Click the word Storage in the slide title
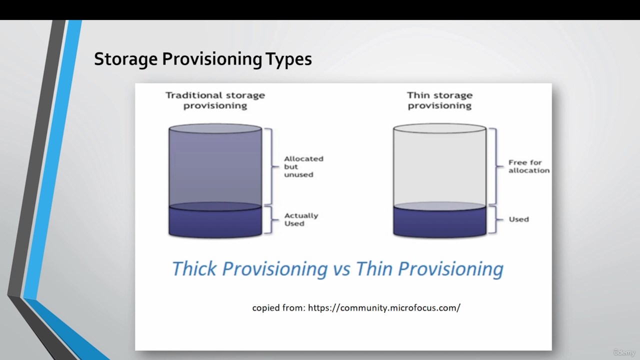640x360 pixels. pyautogui.click(x=125, y=59)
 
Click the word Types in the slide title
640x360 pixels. pyautogui.click(x=288, y=59)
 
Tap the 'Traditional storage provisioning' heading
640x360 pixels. pyautogui.click(x=215, y=100)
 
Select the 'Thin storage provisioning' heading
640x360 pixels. pyautogui.click(x=439, y=100)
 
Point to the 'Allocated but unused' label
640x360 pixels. pyautogui.click(x=303, y=166)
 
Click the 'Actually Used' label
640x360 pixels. pyautogui.click(x=301, y=219)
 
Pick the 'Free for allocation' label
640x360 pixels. pyautogui.click(x=529, y=166)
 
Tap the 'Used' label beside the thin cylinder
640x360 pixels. pyautogui.click(x=519, y=219)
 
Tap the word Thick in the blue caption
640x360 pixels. pyautogui.click(x=194, y=268)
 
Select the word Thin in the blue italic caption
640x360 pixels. pyautogui.click(x=373, y=268)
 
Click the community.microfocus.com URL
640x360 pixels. pyautogui.click(x=384, y=307)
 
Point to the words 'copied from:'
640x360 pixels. pyautogui.click(x=279, y=308)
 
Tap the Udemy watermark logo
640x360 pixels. pyautogui.click(x=624, y=352)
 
